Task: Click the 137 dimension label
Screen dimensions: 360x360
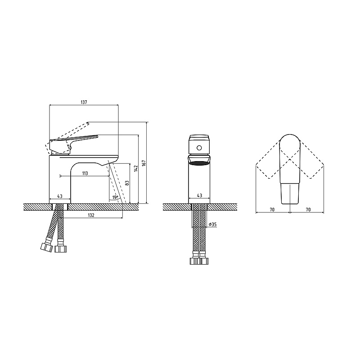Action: click(x=84, y=103)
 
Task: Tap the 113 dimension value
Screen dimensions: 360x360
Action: click(x=85, y=173)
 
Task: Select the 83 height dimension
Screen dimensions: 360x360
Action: click(x=127, y=183)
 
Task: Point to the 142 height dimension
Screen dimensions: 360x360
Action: click(x=136, y=168)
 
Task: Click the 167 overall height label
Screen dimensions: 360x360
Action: click(x=144, y=163)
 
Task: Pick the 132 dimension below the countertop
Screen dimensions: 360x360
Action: click(x=91, y=215)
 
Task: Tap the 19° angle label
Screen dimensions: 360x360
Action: click(x=115, y=197)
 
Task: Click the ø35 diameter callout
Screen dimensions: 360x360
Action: click(x=213, y=224)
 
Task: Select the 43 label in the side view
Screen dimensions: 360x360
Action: click(x=60, y=196)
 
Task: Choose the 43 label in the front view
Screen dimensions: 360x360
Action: click(x=199, y=195)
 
